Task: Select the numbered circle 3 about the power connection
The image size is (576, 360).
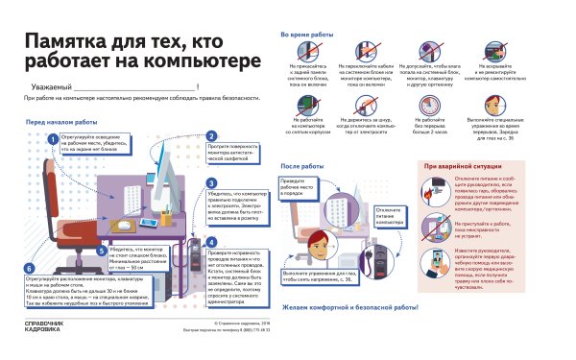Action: [x=212, y=183]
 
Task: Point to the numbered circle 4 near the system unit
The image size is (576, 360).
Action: [x=212, y=242]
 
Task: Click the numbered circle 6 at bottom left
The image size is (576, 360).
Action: [x=30, y=269]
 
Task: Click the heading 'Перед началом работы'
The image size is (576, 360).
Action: [x=61, y=123]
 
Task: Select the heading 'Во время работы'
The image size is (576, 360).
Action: [x=306, y=34]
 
